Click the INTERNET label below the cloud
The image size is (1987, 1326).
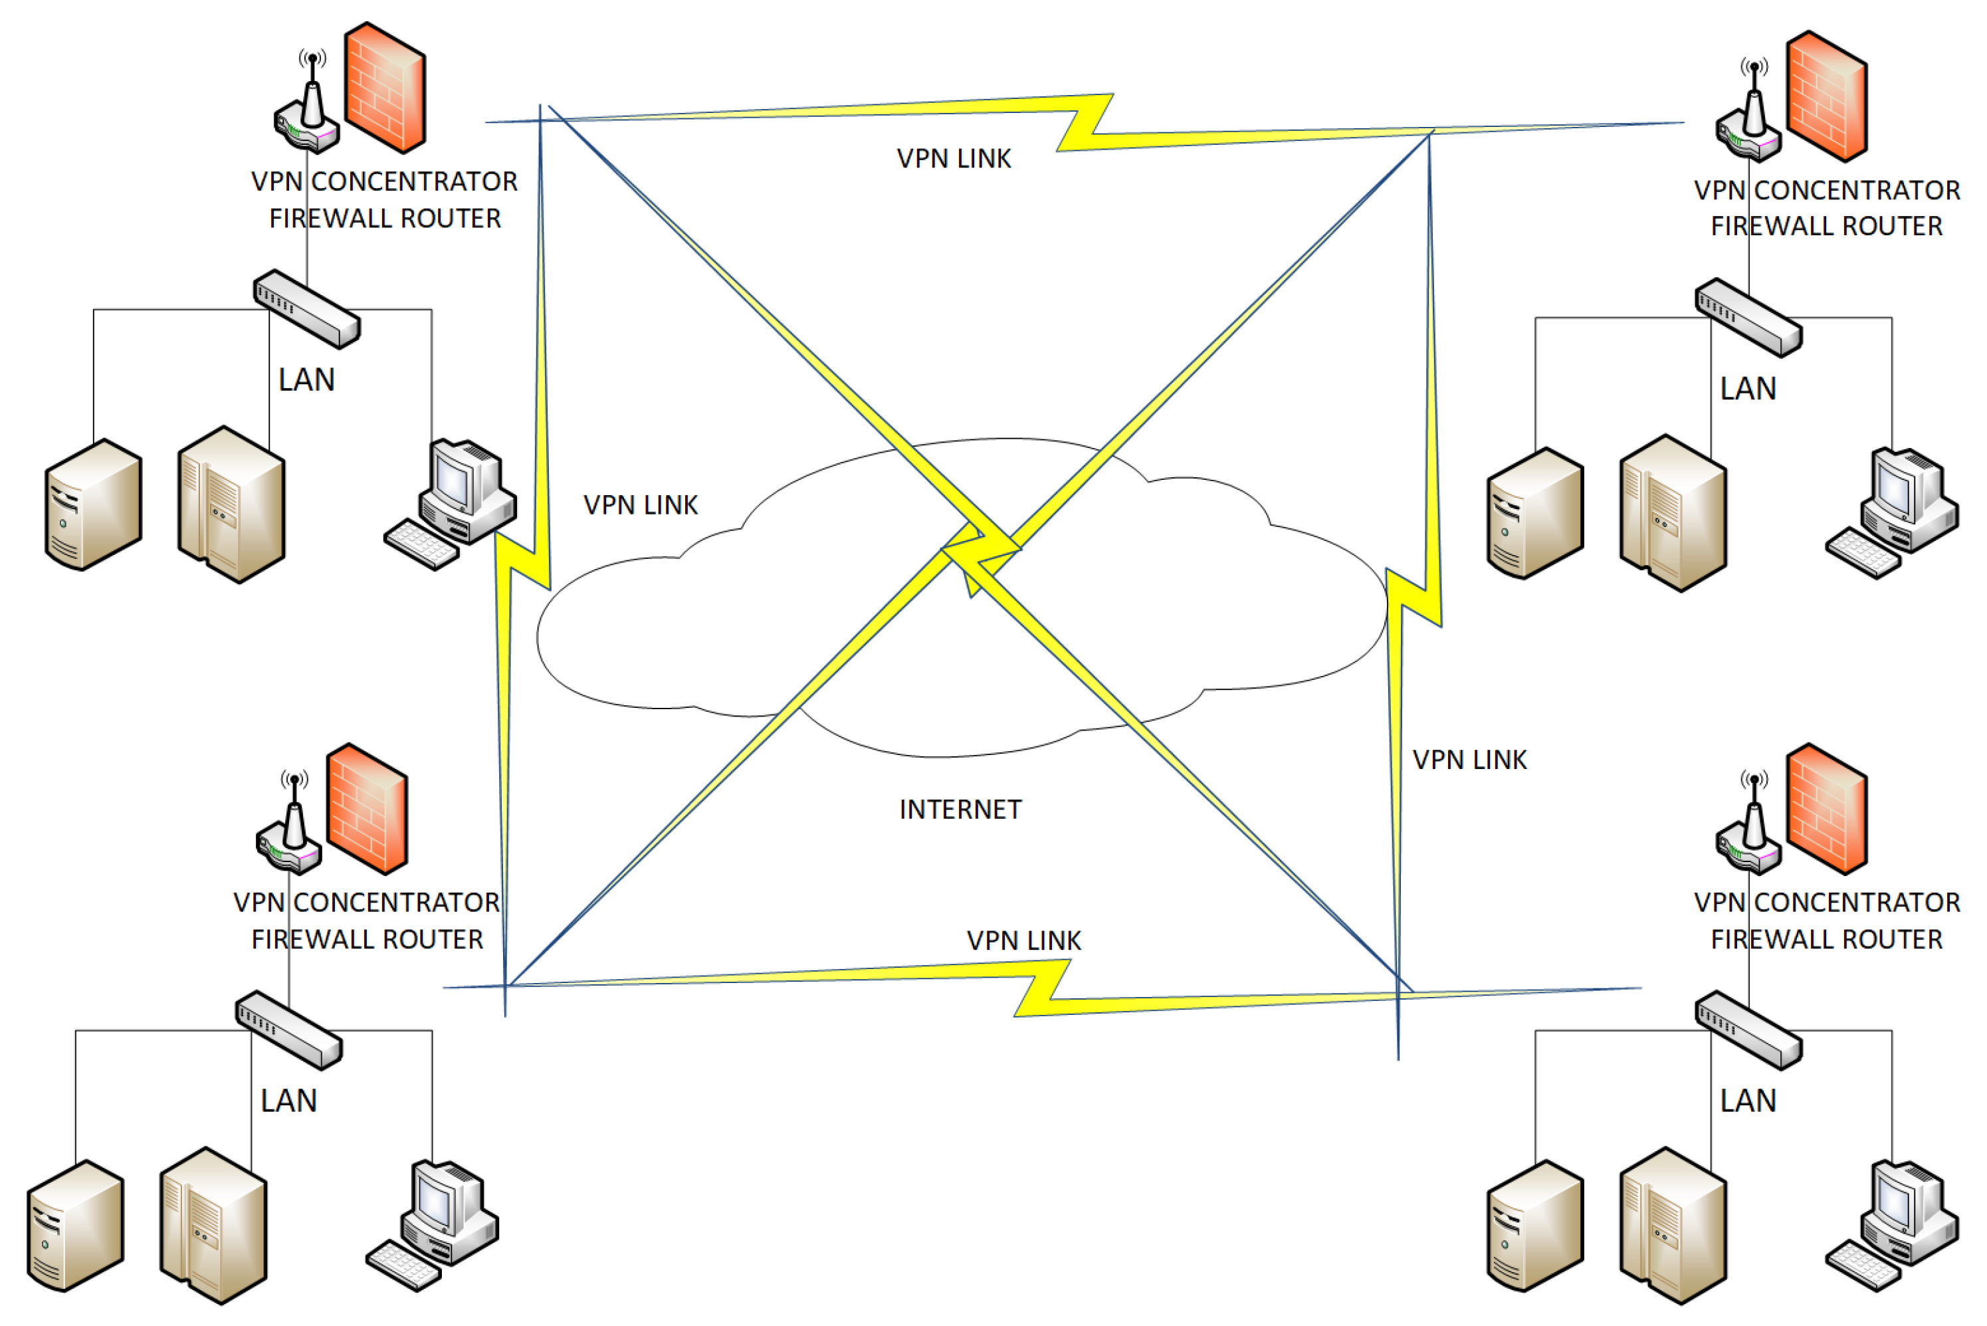coord(960,810)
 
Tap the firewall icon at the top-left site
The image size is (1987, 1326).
coord(385,88)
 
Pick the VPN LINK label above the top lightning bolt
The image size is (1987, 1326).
coord(954,159)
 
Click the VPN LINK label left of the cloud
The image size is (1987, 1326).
coord(640,505)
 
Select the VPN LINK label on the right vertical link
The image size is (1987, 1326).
coord(1469,760)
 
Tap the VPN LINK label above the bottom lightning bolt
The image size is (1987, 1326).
coord(1023,940)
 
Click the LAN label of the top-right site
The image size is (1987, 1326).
coord(1748,389)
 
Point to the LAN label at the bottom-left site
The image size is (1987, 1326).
coord(288,1100)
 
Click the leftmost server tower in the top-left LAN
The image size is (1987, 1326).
coord(93,505)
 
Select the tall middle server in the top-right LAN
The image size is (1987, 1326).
coord(1673,512)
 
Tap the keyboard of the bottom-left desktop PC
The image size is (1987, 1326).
coord(404,1265)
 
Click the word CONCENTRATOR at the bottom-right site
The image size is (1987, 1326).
coord(1857,903)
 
